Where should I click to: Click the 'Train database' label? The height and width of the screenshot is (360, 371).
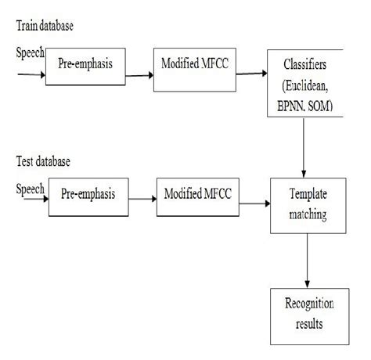pos(44,27)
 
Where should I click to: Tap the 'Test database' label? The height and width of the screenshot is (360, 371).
pos(43,162)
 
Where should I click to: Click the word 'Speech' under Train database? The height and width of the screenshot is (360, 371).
pos(30,52)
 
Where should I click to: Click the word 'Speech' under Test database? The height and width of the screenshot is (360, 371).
pos(31,189)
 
